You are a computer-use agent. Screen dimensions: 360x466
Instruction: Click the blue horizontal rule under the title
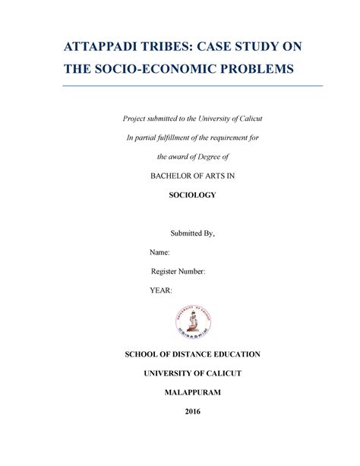click(x=192, y=87)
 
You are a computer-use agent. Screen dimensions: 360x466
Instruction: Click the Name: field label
click(x=160, y=252)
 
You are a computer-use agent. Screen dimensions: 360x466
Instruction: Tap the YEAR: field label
click(x=162, y=290)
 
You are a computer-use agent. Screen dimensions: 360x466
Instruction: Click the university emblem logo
click(x=192, y=319)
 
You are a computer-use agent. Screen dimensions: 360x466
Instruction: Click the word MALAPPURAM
click(x=192, y=394)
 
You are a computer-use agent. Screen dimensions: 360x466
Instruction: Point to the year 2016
click(x=192, y=413)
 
